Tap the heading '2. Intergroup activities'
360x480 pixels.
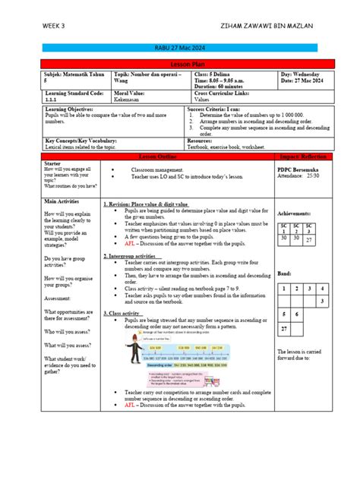tap(134, 256)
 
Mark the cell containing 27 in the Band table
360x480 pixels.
tap(283, 330)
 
